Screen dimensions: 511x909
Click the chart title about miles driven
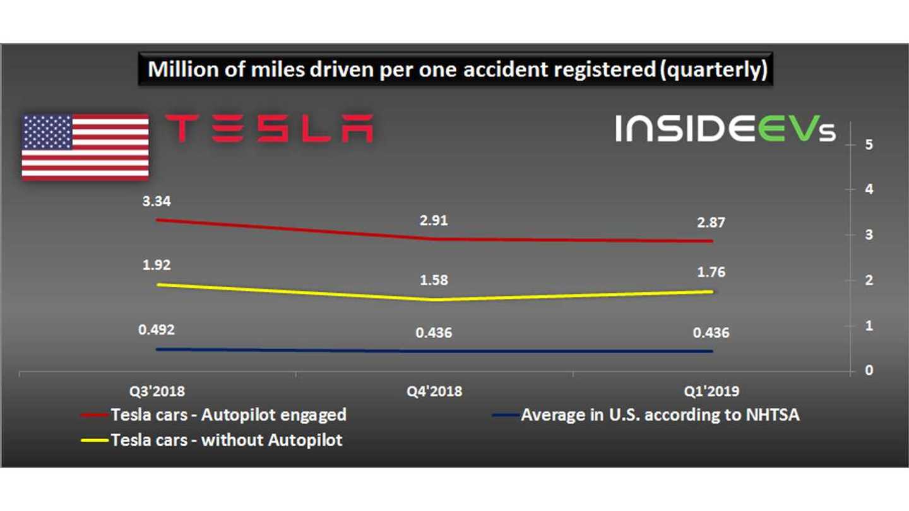(x=457, y=69)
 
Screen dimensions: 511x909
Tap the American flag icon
(x=85, y=147)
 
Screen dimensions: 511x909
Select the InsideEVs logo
(x=725, y=128)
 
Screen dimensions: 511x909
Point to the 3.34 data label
(x=157, y=201)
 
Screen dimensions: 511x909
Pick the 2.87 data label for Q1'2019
(x=711, y=223)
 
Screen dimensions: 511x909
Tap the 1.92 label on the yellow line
(x=157, y=265)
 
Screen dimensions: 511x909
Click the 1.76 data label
(x=711, y=273)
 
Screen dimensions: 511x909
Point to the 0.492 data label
(x=157, y=329)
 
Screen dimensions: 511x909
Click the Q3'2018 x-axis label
(x=157, y=391)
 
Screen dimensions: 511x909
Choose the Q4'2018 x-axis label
(x=434, y=391)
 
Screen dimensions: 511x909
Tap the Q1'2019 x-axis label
(x=711, y=391)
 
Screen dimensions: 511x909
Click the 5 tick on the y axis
(x=869, y=144)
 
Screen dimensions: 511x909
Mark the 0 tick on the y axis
(x=869, y=370)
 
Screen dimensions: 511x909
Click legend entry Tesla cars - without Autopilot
(x=226, y=440)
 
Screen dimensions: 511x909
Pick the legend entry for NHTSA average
(x=660, y=414)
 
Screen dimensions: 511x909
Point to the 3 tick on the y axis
(x=869, y=235)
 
